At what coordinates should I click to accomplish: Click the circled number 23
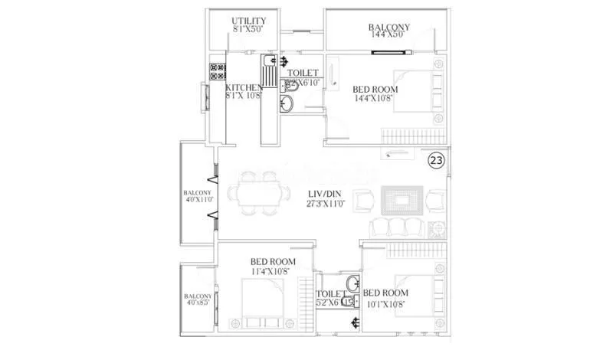(x=435, y=161)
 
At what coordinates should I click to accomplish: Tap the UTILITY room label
(x=250, y=20)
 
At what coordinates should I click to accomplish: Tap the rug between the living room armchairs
(x=402, y=201)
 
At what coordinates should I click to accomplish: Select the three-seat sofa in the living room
(x=396, y=227)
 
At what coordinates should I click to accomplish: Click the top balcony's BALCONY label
(x=388, y=28)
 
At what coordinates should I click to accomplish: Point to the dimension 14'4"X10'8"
(x=375, y=98)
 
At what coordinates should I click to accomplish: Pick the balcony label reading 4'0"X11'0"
(x=198, y=201)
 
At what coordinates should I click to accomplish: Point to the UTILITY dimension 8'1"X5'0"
(x=250, y=29)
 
